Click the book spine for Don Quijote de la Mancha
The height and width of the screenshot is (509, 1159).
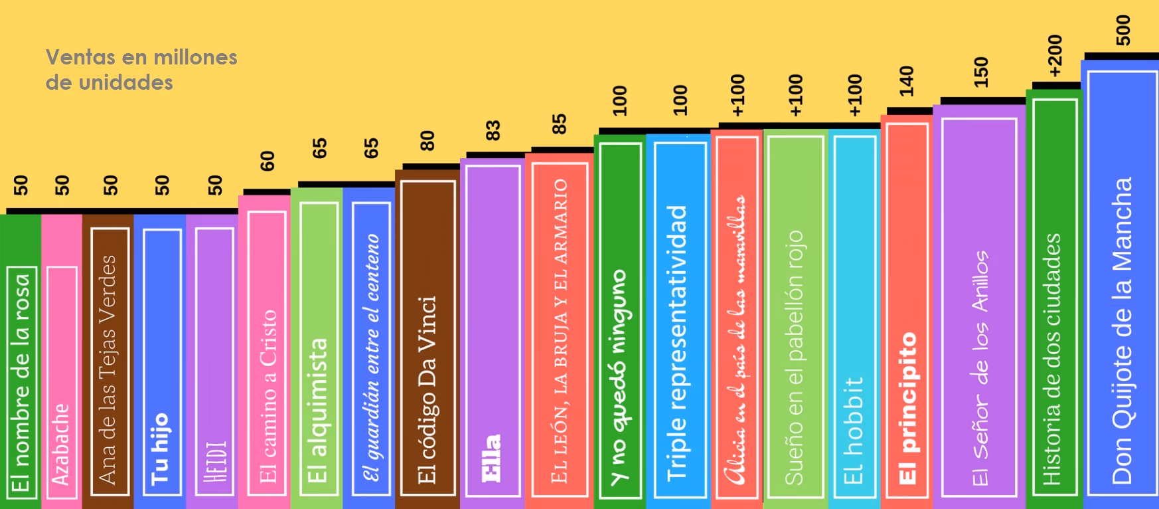coord(1120,286)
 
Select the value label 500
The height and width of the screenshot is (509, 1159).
coord(1123,31)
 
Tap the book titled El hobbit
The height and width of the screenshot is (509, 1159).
coord(854,319)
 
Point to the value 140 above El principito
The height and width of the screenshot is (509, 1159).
coord(907,81)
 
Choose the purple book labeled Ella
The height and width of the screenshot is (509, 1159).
coord(492,332)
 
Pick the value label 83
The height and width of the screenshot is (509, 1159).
coord(493,130)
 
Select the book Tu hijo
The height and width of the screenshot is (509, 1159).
coord(160,359)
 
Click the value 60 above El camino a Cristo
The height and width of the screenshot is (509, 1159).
coord(267,161)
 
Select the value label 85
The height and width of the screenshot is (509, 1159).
coord(560,124)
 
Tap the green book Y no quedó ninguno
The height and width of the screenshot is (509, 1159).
coord(619,319)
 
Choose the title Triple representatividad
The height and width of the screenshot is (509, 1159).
coord(676,343)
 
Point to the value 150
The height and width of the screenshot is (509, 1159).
coord(981,72)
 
